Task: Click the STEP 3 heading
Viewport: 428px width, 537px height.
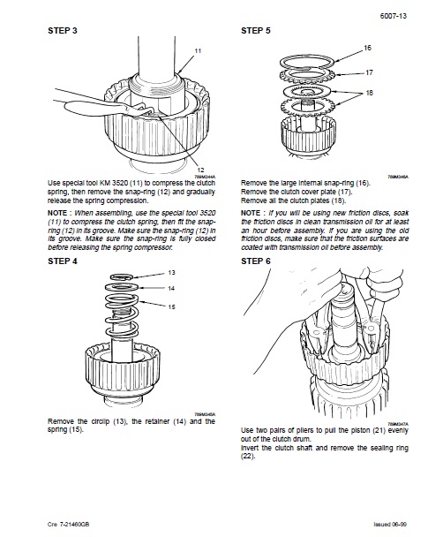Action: tap(63, 31)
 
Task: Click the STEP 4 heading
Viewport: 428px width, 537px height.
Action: tap(63, 261)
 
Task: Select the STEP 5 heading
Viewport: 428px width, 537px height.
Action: tap(256, 31)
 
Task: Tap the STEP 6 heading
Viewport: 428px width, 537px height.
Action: tap(256, 261)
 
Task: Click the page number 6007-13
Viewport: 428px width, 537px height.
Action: tap(393, 16)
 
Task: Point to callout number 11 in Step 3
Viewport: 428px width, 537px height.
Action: tap(198, 50)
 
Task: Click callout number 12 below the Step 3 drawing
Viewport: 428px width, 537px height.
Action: tap(200, 170)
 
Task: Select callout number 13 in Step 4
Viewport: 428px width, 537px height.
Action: tap(171, 273)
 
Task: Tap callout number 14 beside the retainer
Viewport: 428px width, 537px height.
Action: tap(171, 288)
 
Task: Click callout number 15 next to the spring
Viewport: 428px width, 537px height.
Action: tap(171, 306)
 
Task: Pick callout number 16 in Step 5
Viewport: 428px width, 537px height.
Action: tap(367, 48)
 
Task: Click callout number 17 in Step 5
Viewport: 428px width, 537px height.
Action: tap(369, 72)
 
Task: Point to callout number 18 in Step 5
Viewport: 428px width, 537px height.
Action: tap(369, 93)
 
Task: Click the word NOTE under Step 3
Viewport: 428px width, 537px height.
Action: tap(56, 213)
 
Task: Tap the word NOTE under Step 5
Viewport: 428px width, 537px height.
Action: tap(250, 213)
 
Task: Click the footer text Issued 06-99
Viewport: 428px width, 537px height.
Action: tap(390, 524)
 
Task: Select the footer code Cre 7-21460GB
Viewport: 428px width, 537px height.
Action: tap(69, 524)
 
